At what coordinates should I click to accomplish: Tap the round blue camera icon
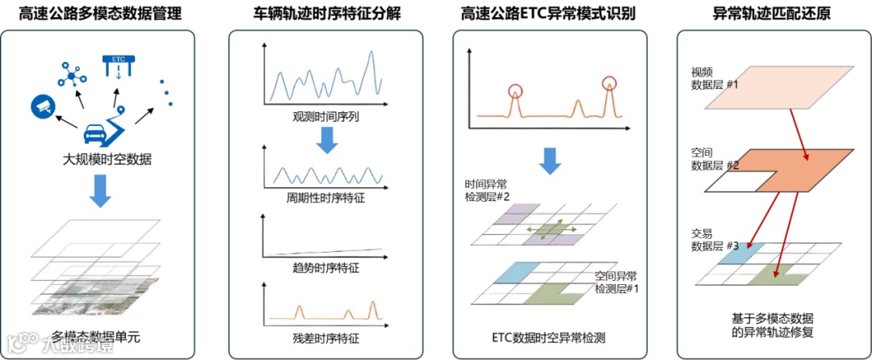click(x=42, y=105)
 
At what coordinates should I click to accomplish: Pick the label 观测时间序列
click(x=326, y=117)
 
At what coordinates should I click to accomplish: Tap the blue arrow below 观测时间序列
click(x=326, y=140)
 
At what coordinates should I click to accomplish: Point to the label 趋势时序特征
click(x=326, y=266)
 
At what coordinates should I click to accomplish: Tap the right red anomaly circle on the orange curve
click(x=609, y=82)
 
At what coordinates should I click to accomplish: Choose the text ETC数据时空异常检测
click(x=548, y=337)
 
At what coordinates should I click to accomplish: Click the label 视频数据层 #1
click(x=703, y=77)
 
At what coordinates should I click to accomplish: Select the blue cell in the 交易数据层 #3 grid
click(x=736, y=254)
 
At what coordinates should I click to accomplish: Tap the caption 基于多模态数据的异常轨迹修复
click(x=761, y=324)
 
